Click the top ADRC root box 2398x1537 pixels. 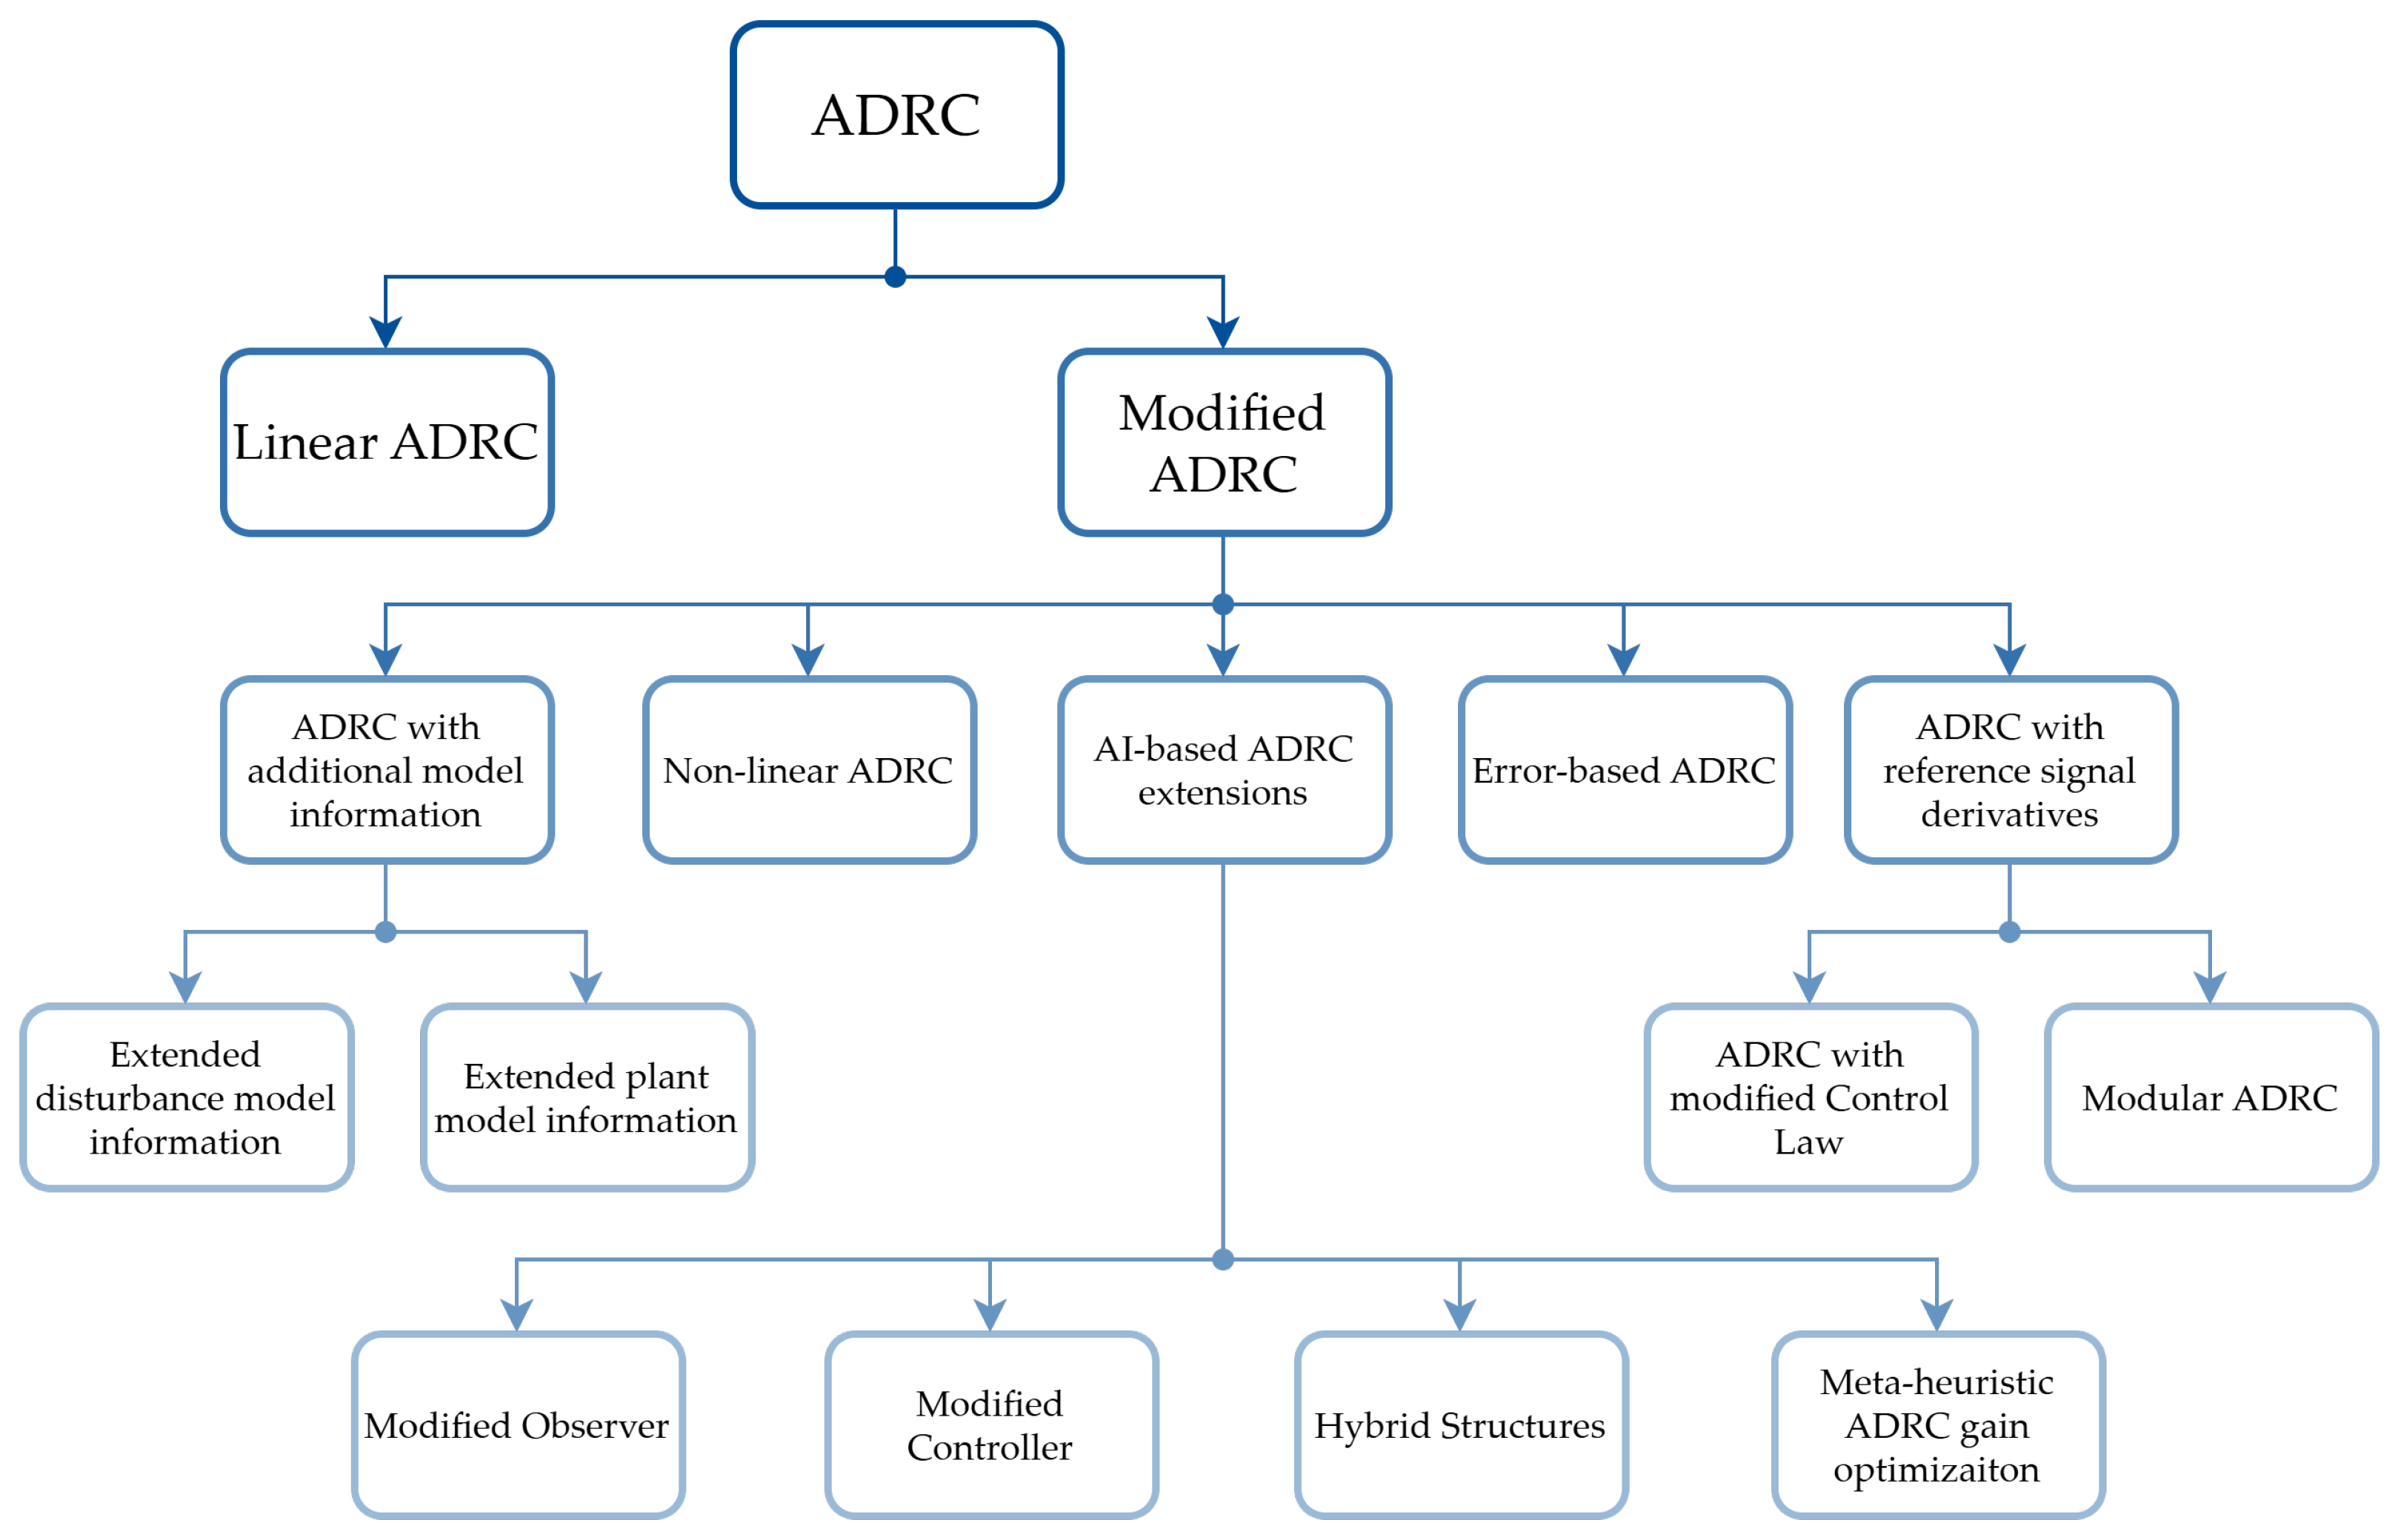click(896, 115)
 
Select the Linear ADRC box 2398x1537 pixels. click(387, 442)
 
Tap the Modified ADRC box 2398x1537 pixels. click(1223, 442)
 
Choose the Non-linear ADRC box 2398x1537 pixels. click(809, 769)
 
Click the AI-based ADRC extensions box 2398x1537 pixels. click(1223, 769)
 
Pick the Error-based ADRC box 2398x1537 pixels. click(1625, 769)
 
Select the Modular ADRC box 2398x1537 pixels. click(2211, 1097)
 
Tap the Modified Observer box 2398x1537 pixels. click(517, 1425)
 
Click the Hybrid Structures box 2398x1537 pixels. click(1461, 1425)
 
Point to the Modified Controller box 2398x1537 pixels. click(990, 1425)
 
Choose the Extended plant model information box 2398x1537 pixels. click(586, 1097)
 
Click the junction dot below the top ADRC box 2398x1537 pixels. click(896, 276)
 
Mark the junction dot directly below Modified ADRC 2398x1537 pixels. click(1223, 604)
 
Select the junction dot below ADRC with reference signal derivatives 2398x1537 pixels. click(2010, 931)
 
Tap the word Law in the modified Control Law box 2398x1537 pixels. click(1809, 1141)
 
